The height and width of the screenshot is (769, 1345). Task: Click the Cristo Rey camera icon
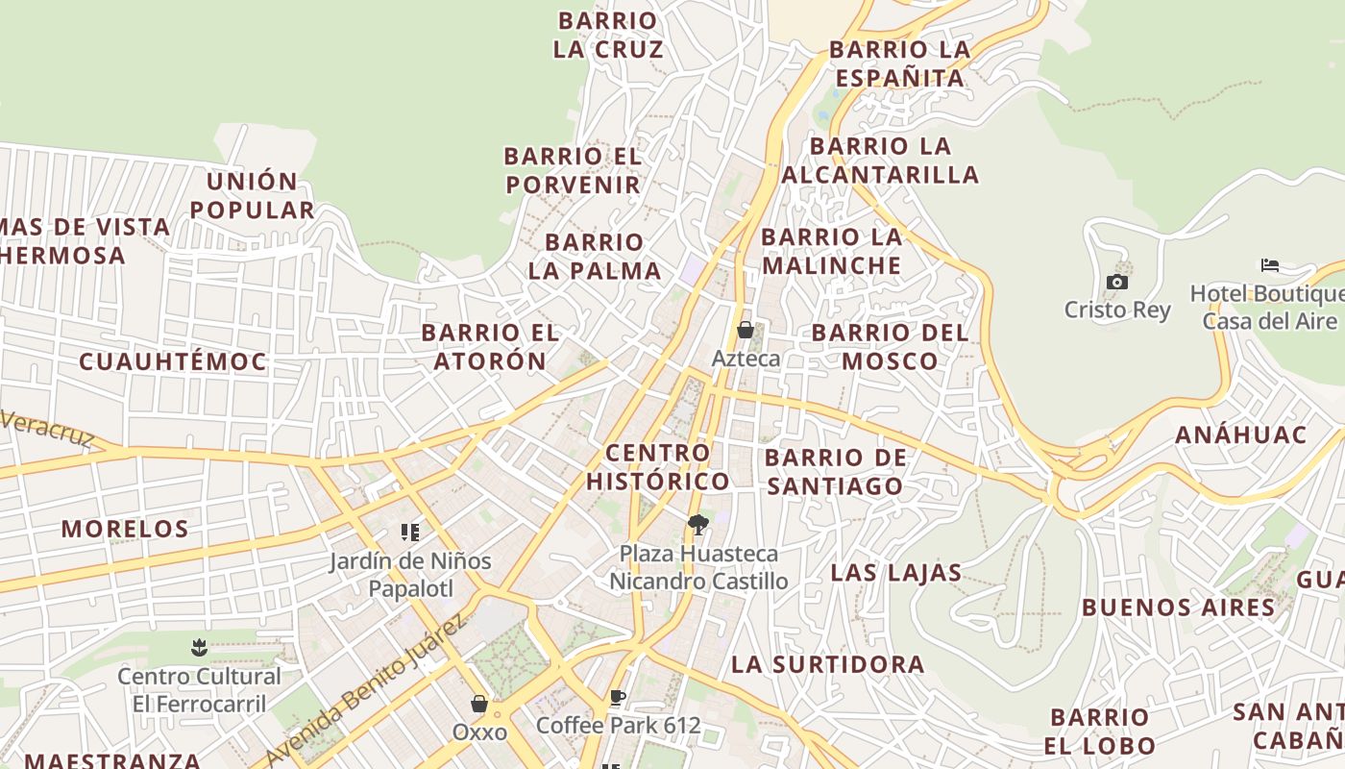coord(1116,282)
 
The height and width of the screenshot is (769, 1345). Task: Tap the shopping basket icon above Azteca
coord(745,330)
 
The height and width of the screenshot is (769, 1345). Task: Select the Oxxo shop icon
coord(479,704)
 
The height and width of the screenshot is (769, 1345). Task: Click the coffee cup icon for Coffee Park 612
coord(618,697)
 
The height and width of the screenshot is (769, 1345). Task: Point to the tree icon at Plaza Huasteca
coord(698,525)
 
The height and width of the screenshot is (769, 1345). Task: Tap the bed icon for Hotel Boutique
coord(1270,265)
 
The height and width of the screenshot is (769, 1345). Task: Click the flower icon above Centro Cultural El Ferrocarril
coord(199,647)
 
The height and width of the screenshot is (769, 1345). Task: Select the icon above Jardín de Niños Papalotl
coord(410,533)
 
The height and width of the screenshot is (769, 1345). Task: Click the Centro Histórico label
coord(658,466)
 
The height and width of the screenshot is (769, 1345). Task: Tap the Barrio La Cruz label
coord(608,35)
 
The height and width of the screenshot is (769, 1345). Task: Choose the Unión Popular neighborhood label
coord(252,195)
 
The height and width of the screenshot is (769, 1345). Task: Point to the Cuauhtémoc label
coord(173,361)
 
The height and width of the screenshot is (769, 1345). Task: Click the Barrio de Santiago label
coord(836,471)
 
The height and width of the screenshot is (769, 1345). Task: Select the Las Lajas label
coord(895,573)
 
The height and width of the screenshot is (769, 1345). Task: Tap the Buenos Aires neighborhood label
coord(1179,608)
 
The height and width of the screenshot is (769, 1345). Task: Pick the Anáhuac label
coord(1241,434)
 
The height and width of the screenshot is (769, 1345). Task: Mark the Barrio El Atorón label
coord(490,346)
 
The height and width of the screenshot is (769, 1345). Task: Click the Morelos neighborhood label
coord(125,529)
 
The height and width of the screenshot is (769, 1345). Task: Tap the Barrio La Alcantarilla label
coord(880,160)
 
